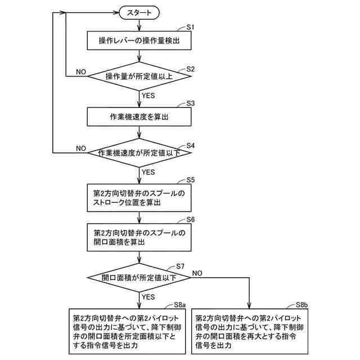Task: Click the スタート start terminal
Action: tap(139, 12)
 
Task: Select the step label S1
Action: tap(190, 27)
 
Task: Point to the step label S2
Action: tap(190, 69)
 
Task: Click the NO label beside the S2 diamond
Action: tap(81, 71)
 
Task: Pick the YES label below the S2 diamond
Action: tap(148, 96)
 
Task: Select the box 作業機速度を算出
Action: tap(138, 117)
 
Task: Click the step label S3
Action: tap(190, 103)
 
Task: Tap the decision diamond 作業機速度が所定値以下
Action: tap(139, 153)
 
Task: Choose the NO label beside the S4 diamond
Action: tap(81, 149)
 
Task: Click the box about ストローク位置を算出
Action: tap(138, 197)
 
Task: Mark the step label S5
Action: tap(190, 180)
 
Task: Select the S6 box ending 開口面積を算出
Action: tap(138, 237)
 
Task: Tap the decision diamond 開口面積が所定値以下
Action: tap(139, 277)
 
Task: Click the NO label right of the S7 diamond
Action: tap(197, 273)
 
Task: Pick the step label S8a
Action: tap(179, 305)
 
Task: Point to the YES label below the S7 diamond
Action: tap(148, 297)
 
